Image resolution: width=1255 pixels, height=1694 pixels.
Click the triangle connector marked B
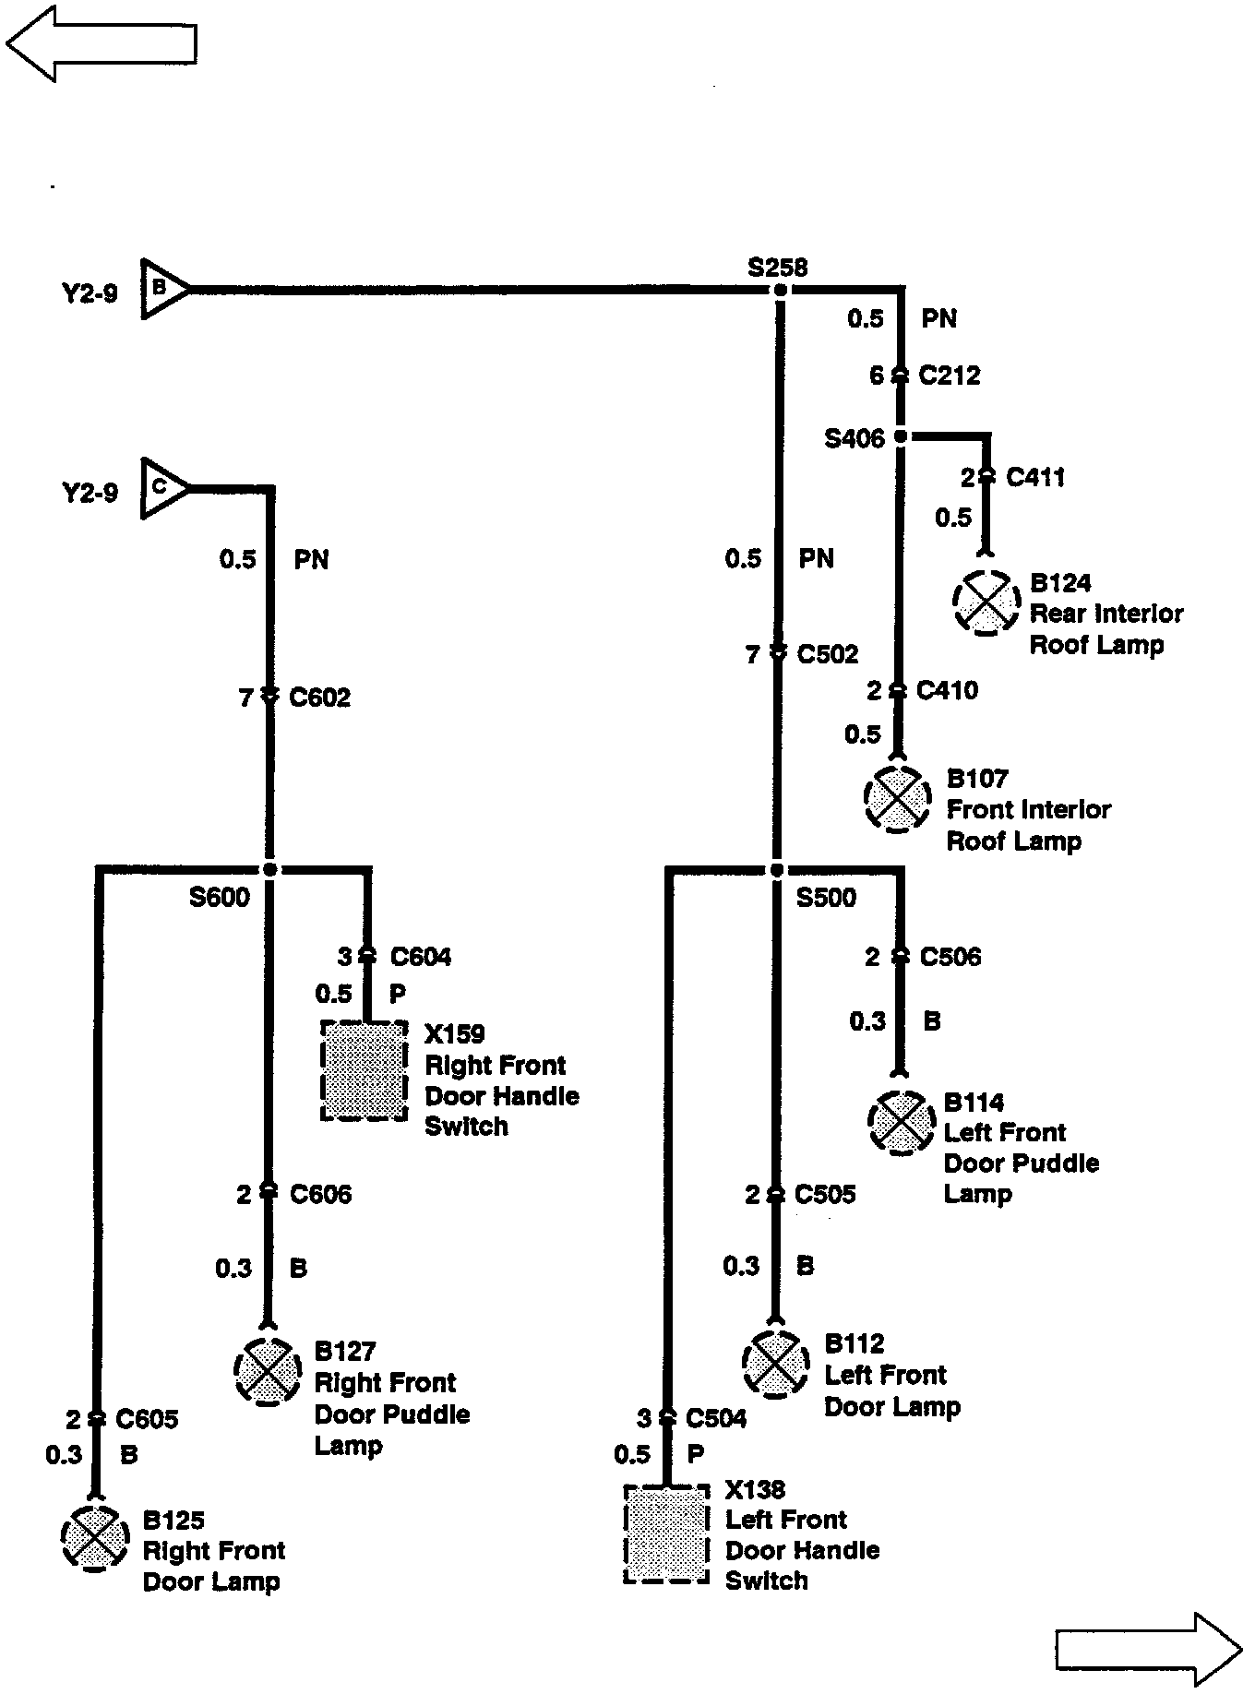tap(162, 289)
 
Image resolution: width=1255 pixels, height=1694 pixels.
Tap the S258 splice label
tap(777, 268)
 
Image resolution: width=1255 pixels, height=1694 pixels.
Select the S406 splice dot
tap(902, 436)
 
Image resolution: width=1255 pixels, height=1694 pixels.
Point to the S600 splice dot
tap(269, 869)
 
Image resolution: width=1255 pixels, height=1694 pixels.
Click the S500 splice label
tap(826, 898)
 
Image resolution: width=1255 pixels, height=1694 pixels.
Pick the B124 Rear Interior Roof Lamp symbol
tap(986, 602)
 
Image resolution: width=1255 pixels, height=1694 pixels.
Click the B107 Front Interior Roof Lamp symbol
tap(897, 798)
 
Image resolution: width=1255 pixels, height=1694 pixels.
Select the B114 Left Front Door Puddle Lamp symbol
tap(900, 1122)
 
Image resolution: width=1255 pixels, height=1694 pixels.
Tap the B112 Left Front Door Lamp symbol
tap(775, 1364)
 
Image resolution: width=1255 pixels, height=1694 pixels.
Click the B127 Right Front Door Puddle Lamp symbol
tap(268, 1372)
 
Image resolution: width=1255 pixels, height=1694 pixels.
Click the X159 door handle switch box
tap(365, 1070)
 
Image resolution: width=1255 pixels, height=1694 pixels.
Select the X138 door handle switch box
tap(666, 1533)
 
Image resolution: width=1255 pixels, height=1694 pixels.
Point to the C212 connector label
tap(950, 376)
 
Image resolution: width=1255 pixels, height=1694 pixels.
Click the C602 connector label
tap(319, 698)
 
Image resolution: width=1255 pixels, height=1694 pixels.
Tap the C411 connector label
tap(1035, 477)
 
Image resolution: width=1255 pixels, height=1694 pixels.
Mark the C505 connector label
tap(825, 1195)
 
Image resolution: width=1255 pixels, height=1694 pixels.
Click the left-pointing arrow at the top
tap(102, 42)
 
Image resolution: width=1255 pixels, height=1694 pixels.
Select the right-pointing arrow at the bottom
tap(1148, 1649)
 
